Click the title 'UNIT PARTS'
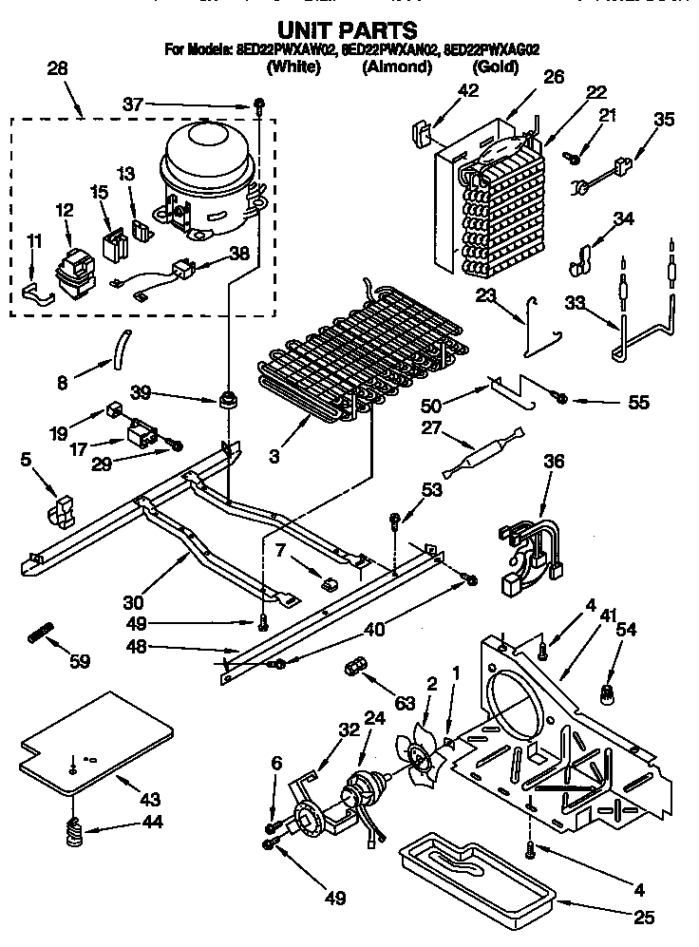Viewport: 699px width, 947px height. pyautogui.click(x=349, y=31)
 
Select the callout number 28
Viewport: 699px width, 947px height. pyautogui.click(x=57, y=67)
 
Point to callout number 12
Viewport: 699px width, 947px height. pyautogui.click(x=64, y=210)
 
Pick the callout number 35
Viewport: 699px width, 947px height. pyautogui.click(x=664, y=119)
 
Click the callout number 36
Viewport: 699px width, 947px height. pyautogui.click(x=554, y=463)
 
